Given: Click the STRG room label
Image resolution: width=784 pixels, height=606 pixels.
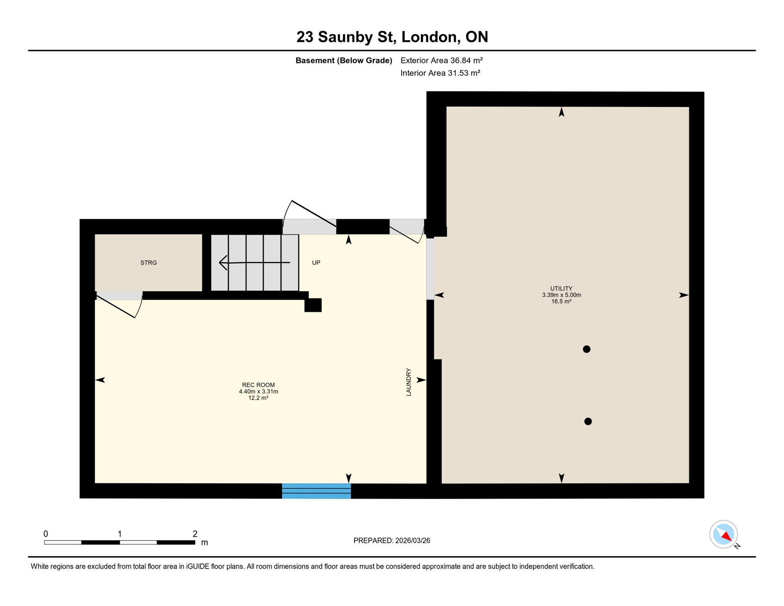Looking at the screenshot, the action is pyautogui.click(x=149, y=263).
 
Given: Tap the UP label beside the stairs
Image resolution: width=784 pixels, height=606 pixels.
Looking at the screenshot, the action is pyautogui.click(x=316, y=263).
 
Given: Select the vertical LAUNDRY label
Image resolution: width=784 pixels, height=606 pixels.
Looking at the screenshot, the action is pyautogui.click(x=409, y=382).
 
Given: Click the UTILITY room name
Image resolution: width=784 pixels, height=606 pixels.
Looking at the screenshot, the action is pyautogui.click(x=561, y=288).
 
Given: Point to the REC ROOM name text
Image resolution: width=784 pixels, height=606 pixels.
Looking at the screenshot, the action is pyautogui.click(x=258, y=385).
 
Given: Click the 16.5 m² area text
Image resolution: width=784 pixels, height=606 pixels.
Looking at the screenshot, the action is pyautogui.click(x=561, y=301).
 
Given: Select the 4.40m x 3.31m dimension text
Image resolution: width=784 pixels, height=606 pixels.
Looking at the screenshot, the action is pyautogui.click(x=258, y=391).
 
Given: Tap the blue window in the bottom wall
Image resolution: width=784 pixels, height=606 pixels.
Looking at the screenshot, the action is pyautogui.click(x=316, y=491).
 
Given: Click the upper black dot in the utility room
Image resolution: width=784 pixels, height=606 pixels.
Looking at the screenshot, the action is pyautogui.click(x=586, y=349).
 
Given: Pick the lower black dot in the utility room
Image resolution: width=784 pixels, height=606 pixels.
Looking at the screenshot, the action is pyautogui.click(x=588, y=421).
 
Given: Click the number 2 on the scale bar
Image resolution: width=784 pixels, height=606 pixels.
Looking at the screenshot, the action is pyautogui.click(x=195, y=534).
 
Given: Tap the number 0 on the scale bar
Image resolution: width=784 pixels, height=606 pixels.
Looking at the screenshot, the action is pyautogui.click(x=46, y=534).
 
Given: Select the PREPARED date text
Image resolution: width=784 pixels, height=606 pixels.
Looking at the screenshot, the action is pyautogui.click(x=392, y=541).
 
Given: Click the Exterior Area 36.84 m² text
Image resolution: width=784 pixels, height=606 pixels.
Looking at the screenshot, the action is pyautogui.click(x=441, y=60).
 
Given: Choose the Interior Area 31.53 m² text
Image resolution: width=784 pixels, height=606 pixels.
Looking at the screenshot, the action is pyautogui.click(x=440, y=73).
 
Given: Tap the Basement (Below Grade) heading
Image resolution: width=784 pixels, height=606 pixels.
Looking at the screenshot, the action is pyautogui.click(x=344, y=60).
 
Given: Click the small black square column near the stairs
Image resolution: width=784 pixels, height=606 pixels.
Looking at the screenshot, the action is pyautogui.click(x=313, y=305).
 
